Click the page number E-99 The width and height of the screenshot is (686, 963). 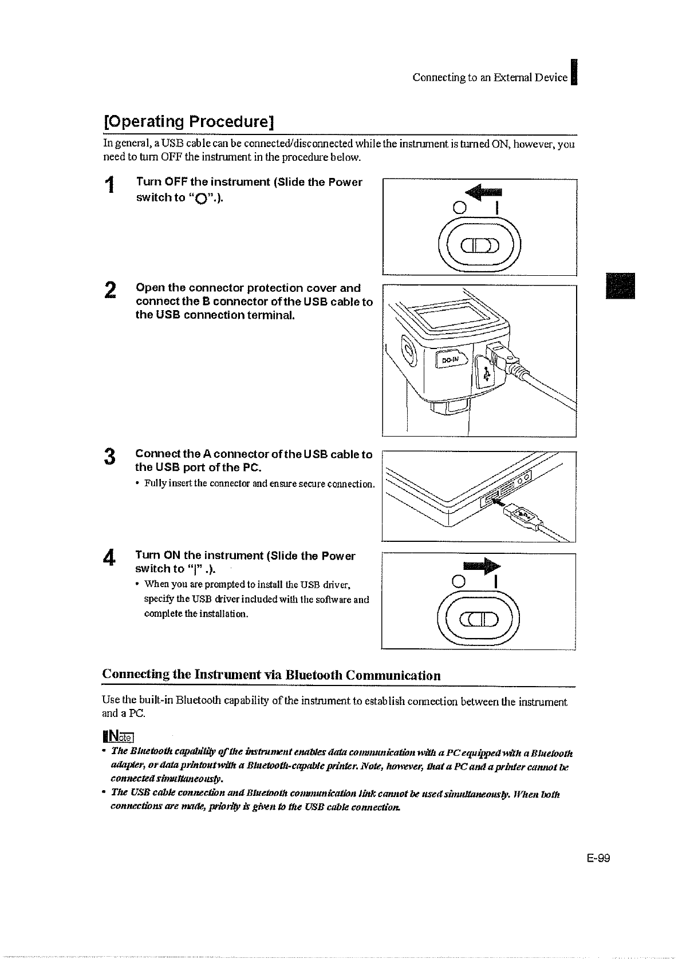click(x=598, y=858)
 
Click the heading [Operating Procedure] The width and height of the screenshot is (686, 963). click(x=188, y=122)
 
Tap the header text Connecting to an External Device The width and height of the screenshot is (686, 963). click(x=490, y=78)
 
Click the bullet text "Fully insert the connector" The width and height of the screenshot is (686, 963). click(x=259, y=484)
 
